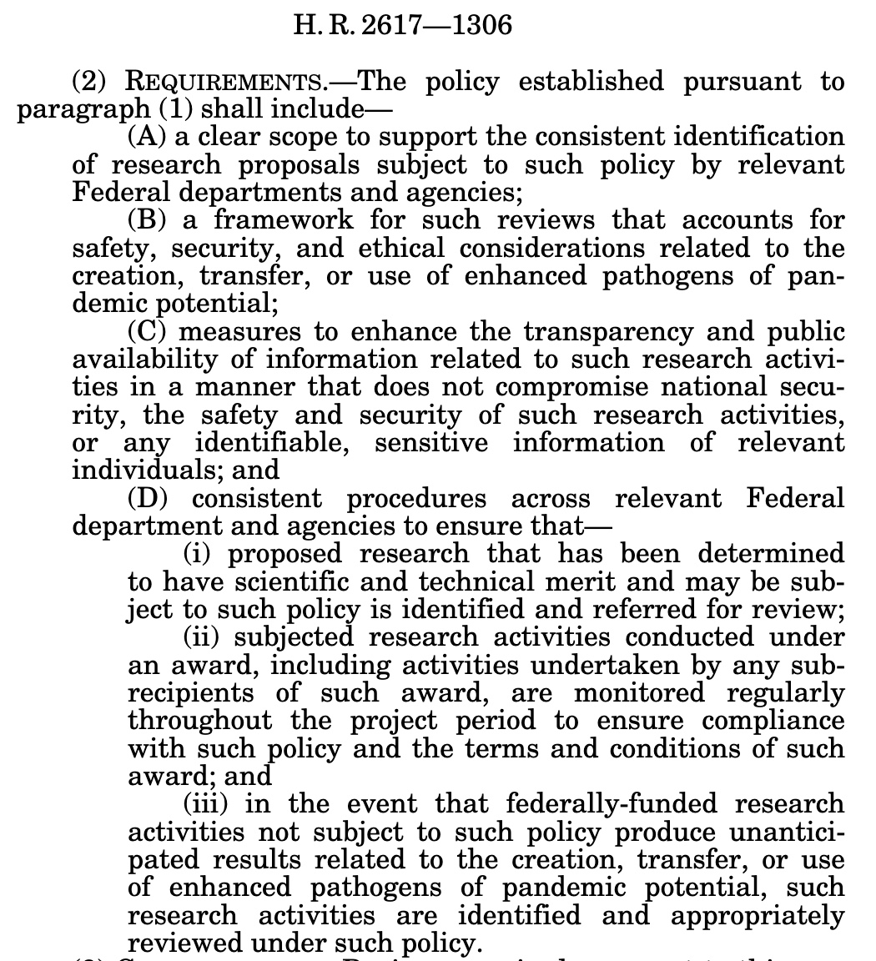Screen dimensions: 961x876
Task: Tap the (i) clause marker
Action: tap(200, 554)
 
